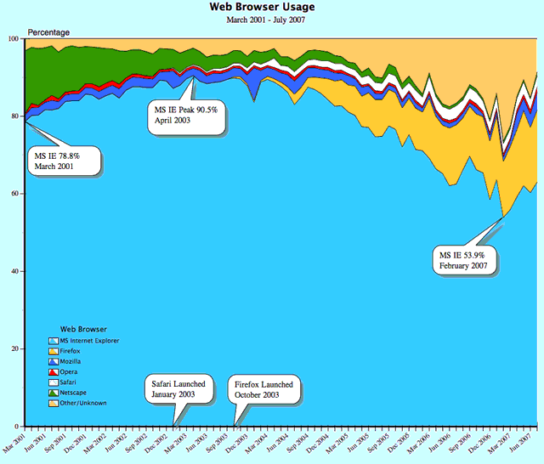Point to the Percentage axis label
coord(50,32)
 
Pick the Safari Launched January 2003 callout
coord(178,389)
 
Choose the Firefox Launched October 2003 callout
coord(264,390)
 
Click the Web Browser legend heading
coord(83,328)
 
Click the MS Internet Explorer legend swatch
coord(54,341)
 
